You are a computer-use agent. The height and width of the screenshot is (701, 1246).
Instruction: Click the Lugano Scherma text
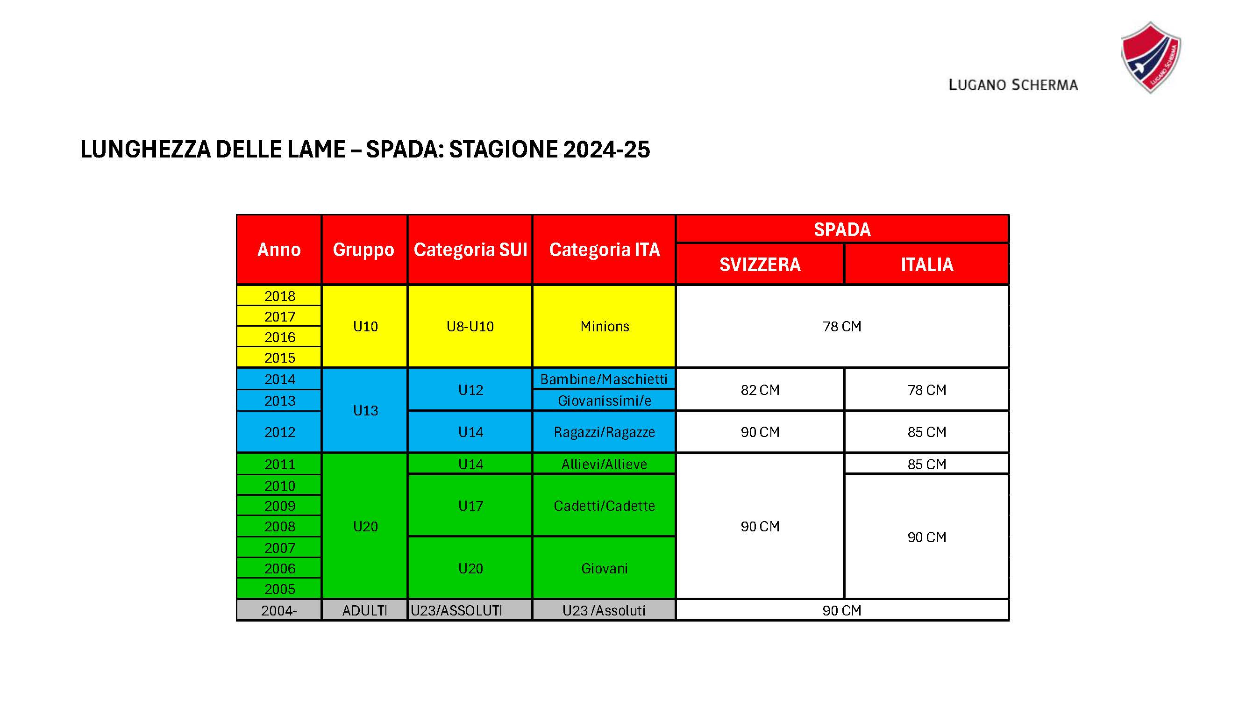1013,85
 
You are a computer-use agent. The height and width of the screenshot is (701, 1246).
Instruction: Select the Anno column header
278,250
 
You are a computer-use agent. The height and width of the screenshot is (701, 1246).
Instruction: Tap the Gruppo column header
364,250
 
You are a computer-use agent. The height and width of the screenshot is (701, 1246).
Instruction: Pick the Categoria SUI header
470,250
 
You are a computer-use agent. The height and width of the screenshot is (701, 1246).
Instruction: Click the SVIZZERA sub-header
759,264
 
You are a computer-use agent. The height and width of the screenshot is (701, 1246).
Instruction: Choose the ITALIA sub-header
926,264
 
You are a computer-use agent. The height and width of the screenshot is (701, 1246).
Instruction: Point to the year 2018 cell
279,296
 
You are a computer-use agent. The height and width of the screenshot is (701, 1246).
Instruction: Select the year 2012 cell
279,431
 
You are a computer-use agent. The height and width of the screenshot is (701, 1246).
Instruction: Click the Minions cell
604,326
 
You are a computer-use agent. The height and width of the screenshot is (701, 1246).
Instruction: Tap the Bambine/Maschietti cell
604,379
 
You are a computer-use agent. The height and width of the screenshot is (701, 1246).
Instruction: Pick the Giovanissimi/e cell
604,401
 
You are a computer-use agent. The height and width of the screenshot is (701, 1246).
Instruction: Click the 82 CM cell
759,389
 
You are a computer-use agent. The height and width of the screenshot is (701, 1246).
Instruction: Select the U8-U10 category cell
470,326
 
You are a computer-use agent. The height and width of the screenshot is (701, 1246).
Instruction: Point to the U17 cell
470,506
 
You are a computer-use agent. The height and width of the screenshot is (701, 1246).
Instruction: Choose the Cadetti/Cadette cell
604,506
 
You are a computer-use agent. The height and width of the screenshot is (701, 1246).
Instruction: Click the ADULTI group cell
364,610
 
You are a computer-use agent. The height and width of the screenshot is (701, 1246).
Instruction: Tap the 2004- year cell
278,610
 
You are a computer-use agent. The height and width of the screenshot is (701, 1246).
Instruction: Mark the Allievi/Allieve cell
604,464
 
